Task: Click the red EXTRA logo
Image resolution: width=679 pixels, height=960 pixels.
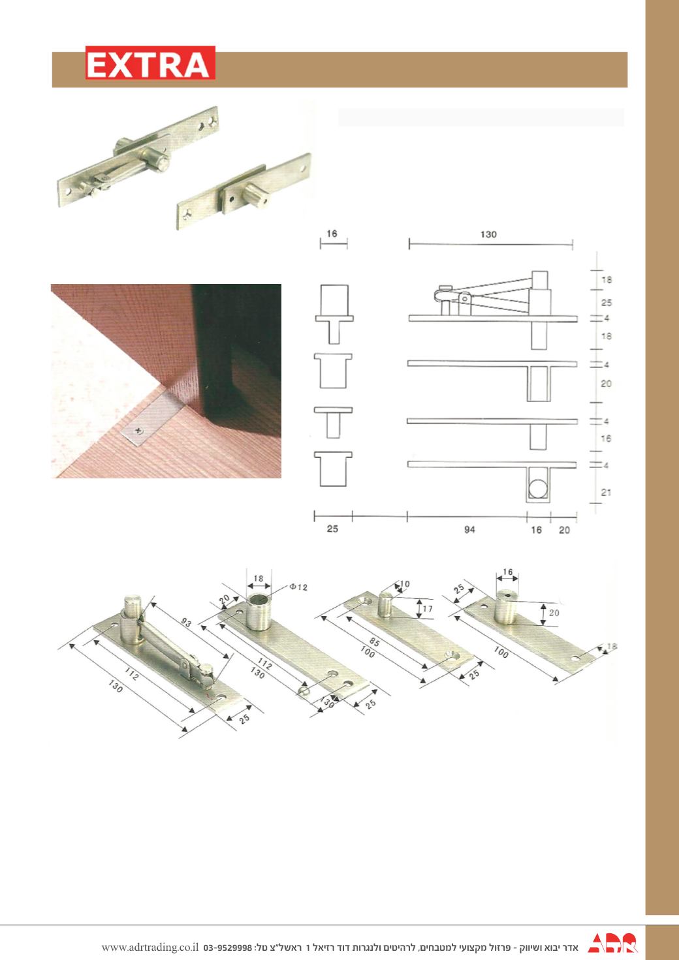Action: (150, 63)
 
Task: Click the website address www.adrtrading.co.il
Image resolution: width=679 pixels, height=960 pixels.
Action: (150, 947)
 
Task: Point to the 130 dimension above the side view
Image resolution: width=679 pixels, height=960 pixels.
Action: (488, 234)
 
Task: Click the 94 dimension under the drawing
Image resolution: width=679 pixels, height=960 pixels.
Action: (469, 530)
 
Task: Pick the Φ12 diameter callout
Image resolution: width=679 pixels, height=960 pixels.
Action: (299, 587)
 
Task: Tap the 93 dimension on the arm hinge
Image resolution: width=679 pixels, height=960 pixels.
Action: (185, 623)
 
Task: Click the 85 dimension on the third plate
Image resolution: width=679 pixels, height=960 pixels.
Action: (374, 642)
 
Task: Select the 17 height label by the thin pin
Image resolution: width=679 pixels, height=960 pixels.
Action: (428, 609)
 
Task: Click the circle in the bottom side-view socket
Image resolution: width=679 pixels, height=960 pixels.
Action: (538, 489)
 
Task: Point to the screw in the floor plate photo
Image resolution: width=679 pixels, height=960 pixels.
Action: (138, 430)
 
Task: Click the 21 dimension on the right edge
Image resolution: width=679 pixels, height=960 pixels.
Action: (606, 493)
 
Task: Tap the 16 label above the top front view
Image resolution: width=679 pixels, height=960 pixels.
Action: (332, 234)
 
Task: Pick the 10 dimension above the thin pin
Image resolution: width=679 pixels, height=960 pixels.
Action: (404, 583)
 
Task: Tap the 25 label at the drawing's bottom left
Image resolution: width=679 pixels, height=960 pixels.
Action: (332, 529)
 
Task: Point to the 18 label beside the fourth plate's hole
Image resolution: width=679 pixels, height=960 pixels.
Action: (612, 646)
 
